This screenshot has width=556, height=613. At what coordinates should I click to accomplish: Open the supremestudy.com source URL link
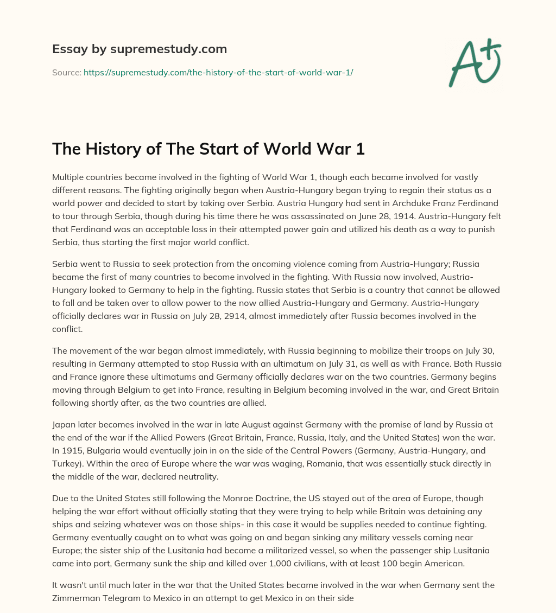[218, 72]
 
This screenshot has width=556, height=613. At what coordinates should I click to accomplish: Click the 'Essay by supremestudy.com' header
[140, 49]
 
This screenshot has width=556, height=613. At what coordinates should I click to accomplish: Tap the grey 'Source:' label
[67, 72]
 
